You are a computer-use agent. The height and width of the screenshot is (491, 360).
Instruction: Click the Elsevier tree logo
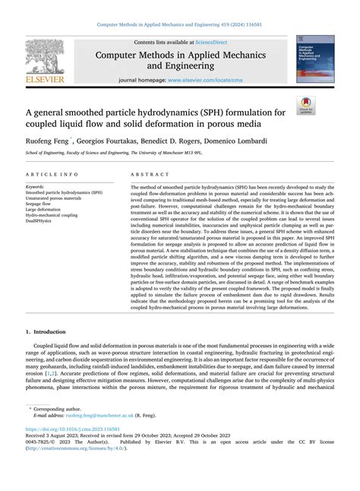tap(45, 55)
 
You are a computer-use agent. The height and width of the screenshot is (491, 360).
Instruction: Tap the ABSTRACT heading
tap(150, 174)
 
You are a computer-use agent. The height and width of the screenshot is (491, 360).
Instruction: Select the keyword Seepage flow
tap(41, 204)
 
